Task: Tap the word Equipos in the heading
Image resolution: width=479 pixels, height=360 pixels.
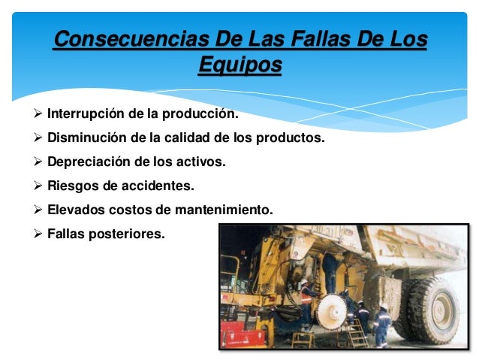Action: (239, 66)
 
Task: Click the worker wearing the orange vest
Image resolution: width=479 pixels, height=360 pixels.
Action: (306, 297)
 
